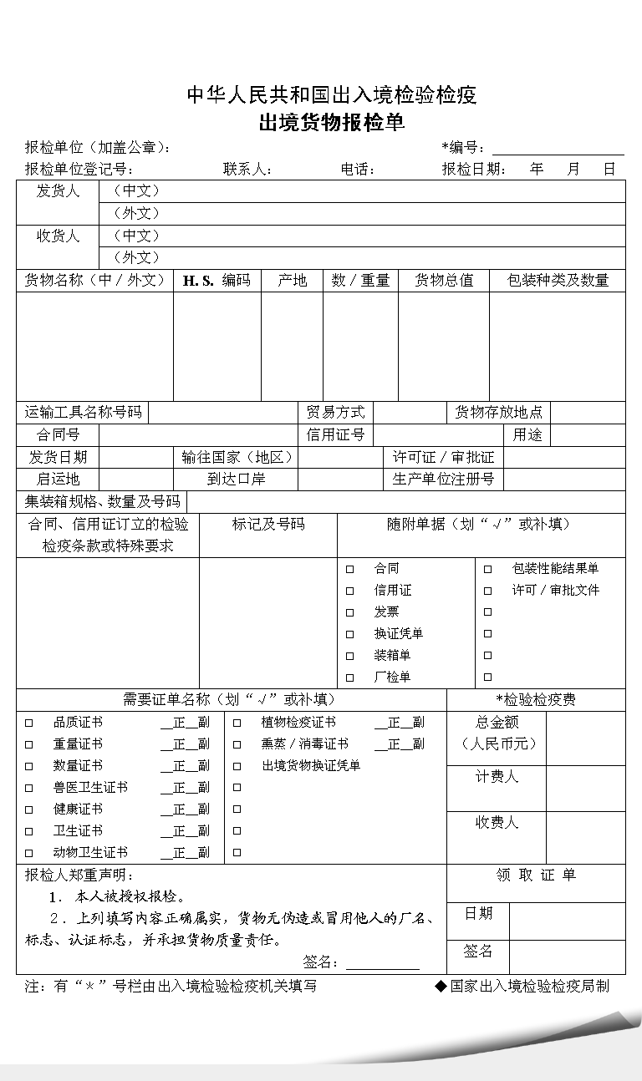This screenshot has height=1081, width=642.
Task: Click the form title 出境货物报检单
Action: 332,123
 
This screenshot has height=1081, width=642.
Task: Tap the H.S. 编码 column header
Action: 217,281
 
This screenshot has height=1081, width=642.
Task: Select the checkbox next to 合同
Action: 350,569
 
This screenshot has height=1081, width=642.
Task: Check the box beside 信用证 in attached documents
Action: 350,591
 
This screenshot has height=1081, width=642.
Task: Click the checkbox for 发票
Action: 350,612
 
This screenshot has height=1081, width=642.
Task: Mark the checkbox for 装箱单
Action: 350,656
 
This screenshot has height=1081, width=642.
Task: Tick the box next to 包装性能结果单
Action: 488,569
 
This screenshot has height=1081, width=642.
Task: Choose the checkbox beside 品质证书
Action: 29,723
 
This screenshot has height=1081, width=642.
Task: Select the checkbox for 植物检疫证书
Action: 237,723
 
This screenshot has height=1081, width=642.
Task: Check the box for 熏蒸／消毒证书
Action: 237,744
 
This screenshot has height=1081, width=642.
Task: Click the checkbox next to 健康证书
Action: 29,809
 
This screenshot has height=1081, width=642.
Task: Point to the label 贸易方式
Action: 336,412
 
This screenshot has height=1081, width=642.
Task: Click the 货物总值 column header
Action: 444,281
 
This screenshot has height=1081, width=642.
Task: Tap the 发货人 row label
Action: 58,191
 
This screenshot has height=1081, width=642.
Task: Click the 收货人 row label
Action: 58,236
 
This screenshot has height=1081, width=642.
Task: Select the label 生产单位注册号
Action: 443,480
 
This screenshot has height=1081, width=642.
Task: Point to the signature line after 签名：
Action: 383,963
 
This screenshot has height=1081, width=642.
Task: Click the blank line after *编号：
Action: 558,149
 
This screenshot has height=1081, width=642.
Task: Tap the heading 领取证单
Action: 536,875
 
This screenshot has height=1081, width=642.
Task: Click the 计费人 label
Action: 497,778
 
